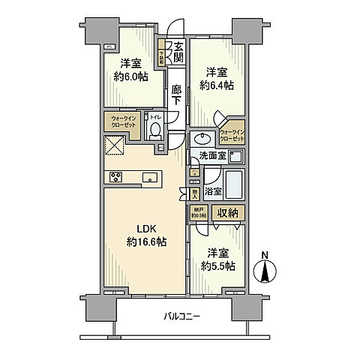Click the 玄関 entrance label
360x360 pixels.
click(x=178, y=51)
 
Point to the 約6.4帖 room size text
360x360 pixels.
click(x=216, y=85)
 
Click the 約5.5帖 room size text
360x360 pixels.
click(x=217, y=265)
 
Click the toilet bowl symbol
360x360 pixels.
click(x=155, y=131)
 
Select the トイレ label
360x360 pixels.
click(x=155, y=117)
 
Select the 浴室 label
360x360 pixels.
click(x=211, y=192)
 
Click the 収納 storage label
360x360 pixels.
click(x=227, y=213)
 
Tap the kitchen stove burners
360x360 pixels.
click(x=116, y=178)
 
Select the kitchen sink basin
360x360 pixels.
click(x=150, y=178)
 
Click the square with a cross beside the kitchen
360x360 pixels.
click(x=115, y=145)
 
